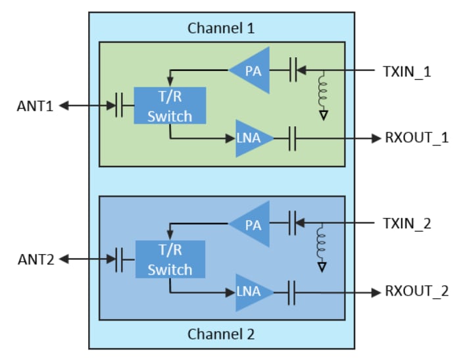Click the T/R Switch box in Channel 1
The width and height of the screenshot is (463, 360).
[x=170, y=105]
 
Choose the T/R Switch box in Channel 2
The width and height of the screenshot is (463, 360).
[x=170, y=259]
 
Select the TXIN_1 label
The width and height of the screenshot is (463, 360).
[x=406, y=70]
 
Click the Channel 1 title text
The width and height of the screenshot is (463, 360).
[x=221, y=28]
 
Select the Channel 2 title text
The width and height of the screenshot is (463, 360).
[x=221, y=334]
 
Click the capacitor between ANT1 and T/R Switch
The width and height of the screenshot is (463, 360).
[x=119, y=105]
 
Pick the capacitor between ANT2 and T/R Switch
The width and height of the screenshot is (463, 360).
[x=119, y=259]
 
